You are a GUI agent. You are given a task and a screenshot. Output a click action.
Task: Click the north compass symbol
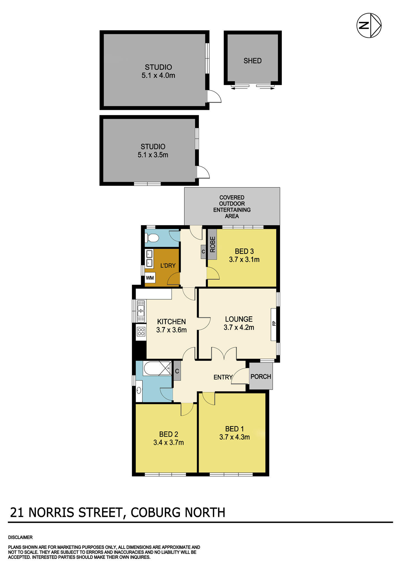pos(369,25)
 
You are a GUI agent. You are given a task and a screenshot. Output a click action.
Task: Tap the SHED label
pos(252,61)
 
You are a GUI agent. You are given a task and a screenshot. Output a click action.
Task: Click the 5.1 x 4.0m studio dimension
pos(158,75)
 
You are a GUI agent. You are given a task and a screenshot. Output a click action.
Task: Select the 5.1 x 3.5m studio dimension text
pos(153,155)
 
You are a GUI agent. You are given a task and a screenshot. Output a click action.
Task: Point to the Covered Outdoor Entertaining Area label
pos(232,207)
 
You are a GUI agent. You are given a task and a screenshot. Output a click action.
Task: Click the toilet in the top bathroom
pos(152,238)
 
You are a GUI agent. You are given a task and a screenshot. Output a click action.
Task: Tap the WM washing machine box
pos(150,278)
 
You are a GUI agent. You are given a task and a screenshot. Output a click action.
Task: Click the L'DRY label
pos(168,265)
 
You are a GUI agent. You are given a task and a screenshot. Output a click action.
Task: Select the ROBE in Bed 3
pos(212,244)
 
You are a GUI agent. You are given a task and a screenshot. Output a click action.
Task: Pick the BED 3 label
pos(244,251)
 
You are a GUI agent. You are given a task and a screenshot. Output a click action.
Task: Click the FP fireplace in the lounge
pos(274,325)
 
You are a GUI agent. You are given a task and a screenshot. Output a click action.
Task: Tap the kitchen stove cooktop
pos(141,332)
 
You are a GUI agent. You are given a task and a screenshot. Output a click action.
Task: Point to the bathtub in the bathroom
pos(157,368)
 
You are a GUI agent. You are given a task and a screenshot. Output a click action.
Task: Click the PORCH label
pos(261,376)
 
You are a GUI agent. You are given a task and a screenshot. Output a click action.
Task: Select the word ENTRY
pos(223,377)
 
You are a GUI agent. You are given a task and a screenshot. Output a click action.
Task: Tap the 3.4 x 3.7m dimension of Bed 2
pos(168,443)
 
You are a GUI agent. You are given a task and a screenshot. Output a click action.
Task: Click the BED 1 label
pos(235,429)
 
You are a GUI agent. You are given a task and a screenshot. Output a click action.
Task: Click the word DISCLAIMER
pos(20,537)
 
